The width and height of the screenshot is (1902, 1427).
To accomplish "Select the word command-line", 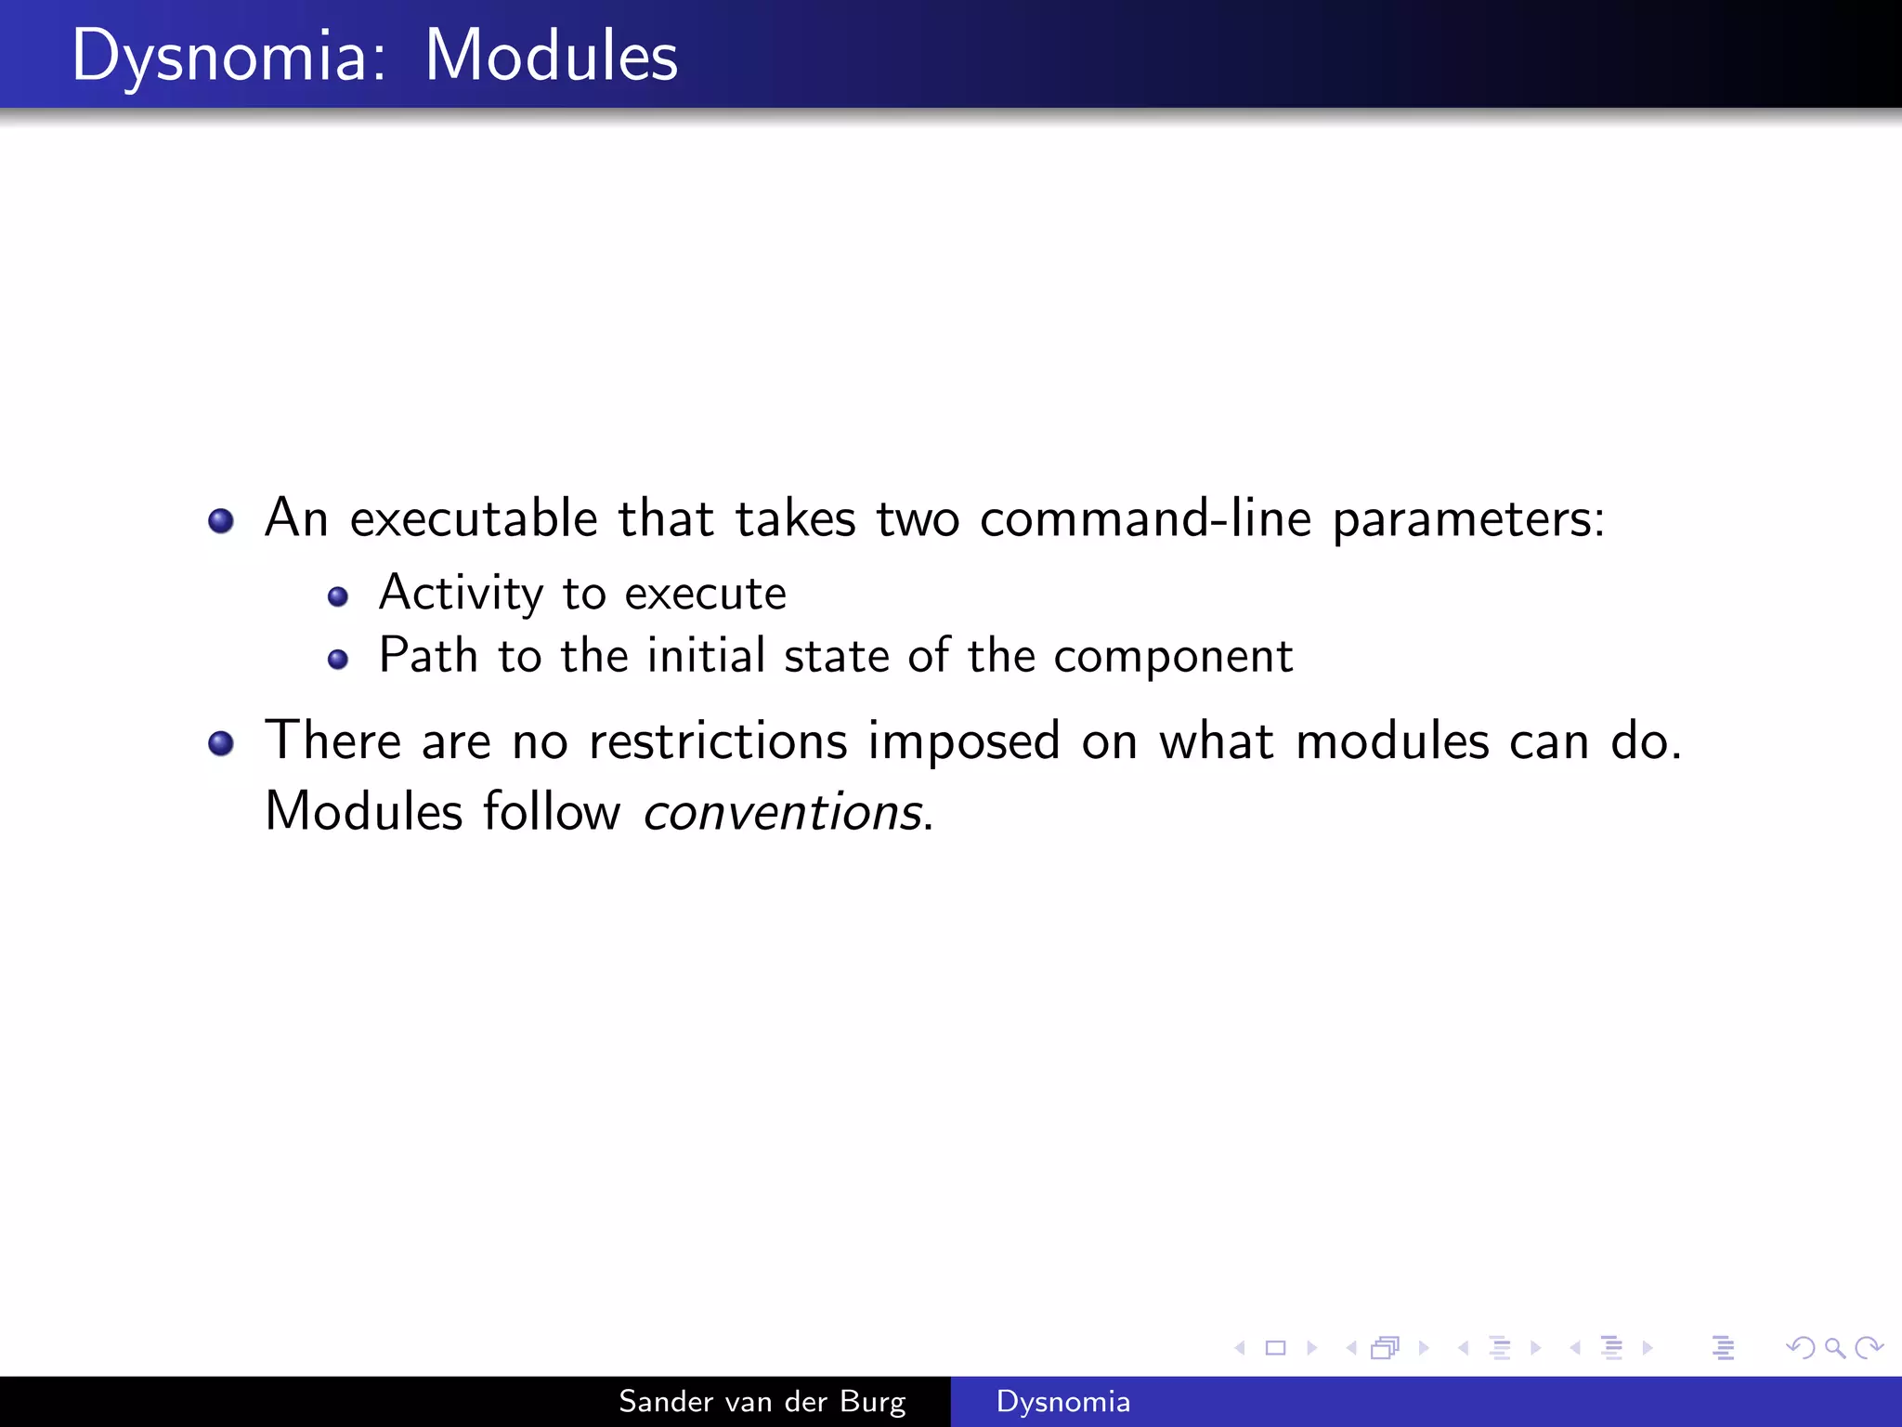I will (x=1145, y=518).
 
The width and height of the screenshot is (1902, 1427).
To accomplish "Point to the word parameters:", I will (x=1468, y=520).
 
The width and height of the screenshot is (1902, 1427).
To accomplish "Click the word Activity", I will (x=461, y=595).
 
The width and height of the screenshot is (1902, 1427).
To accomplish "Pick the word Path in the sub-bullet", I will (x=427, y=656).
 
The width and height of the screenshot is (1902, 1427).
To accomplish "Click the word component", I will (x=1173, y=658).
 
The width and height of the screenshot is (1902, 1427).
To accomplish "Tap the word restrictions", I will (x=718, y=741).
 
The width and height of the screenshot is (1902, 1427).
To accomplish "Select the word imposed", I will (x=963, y=743).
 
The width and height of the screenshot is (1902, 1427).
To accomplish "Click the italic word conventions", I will (x=782, y=812).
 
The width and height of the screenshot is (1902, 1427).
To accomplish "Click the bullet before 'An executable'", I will (x=221, y=521).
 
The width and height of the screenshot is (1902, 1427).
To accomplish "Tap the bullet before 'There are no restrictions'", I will (x=221, y=743).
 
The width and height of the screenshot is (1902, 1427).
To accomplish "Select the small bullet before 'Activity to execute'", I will (x=338, y=596).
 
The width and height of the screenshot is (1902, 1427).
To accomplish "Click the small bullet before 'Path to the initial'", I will (x=338, y=660).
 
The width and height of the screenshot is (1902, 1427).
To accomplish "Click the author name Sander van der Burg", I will (x=762, y=1401).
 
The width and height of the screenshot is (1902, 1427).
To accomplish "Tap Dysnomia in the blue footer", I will (x=1062, y=1401).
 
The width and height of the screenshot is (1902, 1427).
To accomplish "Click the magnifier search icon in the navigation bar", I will (x=1834, y=1347).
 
